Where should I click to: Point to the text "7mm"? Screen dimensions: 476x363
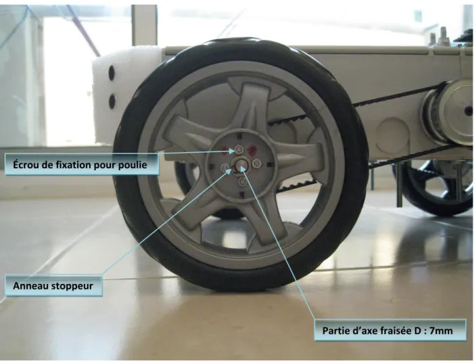tap(441, 331)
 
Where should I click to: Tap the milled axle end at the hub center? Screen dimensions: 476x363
tap(241, 164)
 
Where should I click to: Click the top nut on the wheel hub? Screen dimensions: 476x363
tap(239, 149)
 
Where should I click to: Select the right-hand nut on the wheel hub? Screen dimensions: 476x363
tap(256, 164)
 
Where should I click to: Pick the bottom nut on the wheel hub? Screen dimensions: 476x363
tap(242, 181)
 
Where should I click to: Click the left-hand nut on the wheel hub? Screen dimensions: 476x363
tap(224, 167)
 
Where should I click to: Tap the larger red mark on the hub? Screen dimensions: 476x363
tap(252, 150)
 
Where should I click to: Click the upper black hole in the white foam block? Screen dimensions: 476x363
tap(112, 72)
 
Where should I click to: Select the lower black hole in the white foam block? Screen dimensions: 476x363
tap(112, 101)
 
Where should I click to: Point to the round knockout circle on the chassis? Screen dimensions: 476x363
tap(392, 132)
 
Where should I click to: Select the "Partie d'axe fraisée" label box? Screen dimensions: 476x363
tap(390, 330)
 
